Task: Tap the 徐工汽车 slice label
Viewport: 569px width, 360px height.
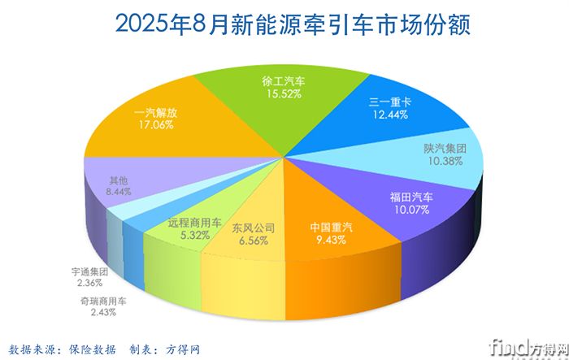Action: (284, 80)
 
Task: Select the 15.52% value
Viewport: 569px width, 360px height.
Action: (284, 94)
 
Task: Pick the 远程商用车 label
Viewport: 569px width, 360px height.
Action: (193, 222)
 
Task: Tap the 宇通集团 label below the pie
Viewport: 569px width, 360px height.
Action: (90, 272)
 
